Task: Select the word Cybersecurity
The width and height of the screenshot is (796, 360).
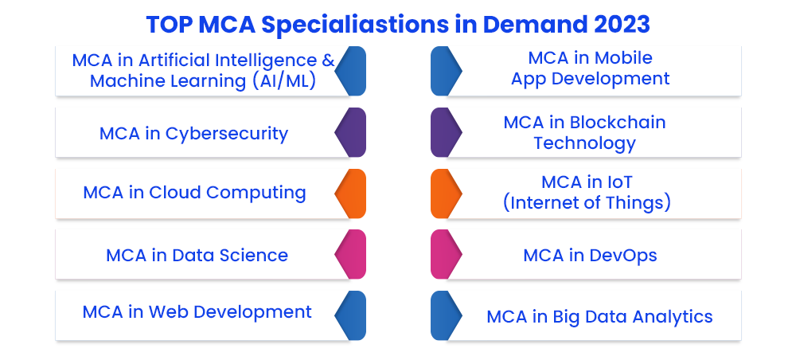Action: [x=226, y=134]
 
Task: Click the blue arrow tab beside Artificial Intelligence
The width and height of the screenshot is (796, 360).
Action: [x=350, y=71]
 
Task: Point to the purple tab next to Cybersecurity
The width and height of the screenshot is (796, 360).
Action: [x=350, y=132]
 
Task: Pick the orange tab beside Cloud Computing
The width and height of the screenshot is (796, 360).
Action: [x=350, y=194]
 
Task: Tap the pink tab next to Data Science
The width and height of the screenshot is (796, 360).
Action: [x=350, y=254]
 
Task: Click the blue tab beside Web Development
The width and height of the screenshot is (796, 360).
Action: [x=350, y=315]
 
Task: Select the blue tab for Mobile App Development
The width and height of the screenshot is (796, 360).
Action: [x=447, y=71]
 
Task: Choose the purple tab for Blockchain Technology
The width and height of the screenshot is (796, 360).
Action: [x=447, y=132]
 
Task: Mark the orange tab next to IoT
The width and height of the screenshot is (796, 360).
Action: [x=447, y=194]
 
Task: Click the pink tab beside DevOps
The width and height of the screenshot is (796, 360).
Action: [x=447, y=254]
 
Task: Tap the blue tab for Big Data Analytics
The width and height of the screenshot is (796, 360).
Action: [x=447, y=315]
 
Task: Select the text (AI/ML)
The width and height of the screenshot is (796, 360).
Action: [x=284, y=81]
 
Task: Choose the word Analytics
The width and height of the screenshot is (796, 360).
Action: [x=672, y=317]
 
